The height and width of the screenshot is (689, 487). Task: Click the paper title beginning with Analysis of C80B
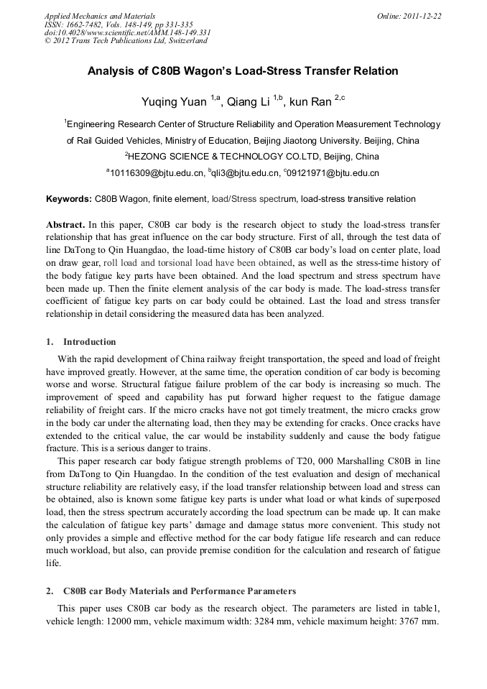243,72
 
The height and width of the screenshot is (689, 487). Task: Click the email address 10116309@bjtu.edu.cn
156,173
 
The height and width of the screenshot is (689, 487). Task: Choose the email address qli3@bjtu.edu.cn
245,173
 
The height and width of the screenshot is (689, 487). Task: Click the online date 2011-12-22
425,16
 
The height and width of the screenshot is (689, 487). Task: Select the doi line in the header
127,32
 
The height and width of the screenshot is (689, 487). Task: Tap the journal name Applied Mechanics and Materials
99,16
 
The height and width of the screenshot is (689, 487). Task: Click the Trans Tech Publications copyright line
126,41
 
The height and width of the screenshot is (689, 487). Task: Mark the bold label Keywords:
69,199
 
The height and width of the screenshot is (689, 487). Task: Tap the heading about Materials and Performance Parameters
179,591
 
